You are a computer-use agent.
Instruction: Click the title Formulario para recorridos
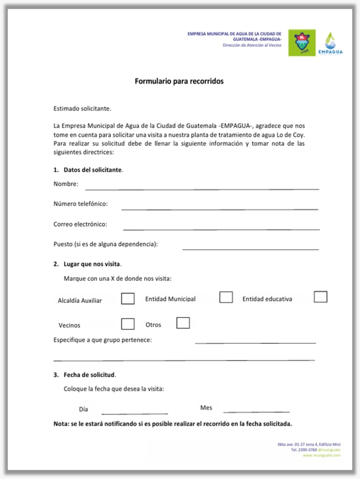(x=179, y=81)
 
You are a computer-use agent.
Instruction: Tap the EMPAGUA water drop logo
(x=331, y=43)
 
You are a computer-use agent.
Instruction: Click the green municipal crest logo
(x=301, y=43)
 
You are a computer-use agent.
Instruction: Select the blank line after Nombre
(x=202, y=188)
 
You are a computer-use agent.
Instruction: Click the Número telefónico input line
(x=220, y=208)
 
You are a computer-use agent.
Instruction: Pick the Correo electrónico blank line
(x=221, y=228)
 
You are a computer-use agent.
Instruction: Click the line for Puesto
(x=250, y=249)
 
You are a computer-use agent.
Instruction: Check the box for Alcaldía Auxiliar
(x=128, y=299)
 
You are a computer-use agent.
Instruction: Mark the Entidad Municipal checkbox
(x=226, y=297)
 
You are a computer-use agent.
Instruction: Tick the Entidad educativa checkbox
(x=320, y=297)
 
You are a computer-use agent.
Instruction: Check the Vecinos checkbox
(x=128, y=324)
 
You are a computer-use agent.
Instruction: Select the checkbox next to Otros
(x=183, y=323)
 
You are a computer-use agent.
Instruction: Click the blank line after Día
(x=134, y=412)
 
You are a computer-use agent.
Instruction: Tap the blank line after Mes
(x=256, y=411)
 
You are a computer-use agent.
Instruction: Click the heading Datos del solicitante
(x=93, y=170)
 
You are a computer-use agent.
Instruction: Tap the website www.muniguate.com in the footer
(x=321, y=455)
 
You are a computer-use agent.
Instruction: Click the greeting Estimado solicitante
(x=83, y=109)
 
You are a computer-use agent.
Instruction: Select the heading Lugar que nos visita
(x=92, y=264)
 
